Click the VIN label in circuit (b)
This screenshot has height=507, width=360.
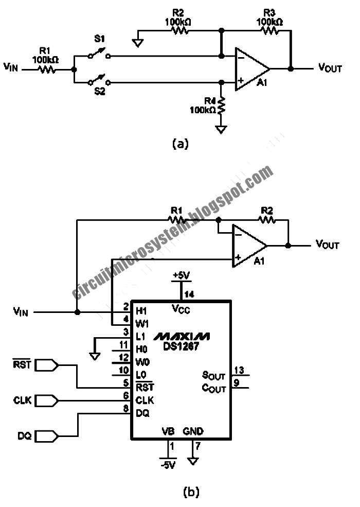[21, 311]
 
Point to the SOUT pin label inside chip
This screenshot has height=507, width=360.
[213, 377]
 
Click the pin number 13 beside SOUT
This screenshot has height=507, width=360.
[239, 370]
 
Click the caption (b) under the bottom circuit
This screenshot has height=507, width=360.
[191, 492]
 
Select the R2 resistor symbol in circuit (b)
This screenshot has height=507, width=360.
[267, 220]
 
